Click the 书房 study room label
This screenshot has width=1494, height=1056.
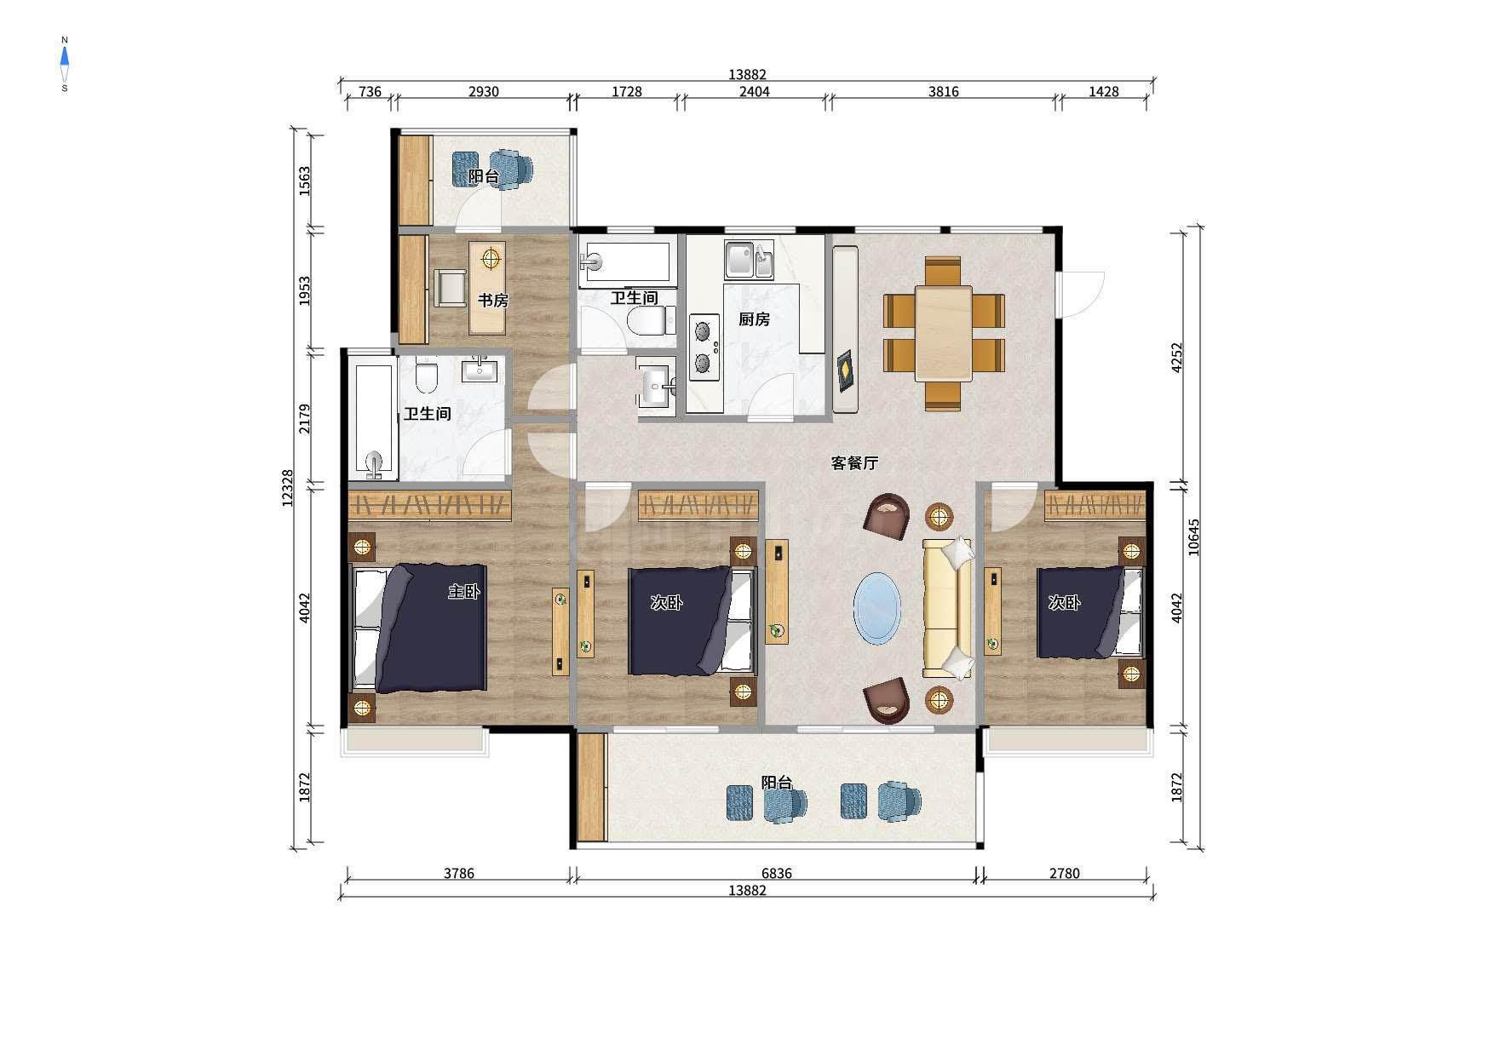click(x=492, y=301)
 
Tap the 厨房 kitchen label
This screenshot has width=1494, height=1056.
click(x=754, y=319)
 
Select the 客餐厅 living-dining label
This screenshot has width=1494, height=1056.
click(x=854, y=463)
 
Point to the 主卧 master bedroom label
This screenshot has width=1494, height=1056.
click(x=464, y=591)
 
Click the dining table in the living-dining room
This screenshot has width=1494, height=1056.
click(x=944, y=333)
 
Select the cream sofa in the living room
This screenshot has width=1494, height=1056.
click(x=948, y=608)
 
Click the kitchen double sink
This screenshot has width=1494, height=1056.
click(x=749, y=260)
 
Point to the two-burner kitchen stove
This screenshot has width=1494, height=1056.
click(x=704, y=345)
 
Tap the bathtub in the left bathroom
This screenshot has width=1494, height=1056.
click(x=375, y=421)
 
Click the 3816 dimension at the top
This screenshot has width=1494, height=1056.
click(x=943, y=91)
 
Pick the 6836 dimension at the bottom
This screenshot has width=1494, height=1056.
click(x=776, y=873)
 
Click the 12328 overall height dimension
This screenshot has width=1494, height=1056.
click(x=288, y=488)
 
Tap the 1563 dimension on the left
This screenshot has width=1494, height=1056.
click(x=305, y=181)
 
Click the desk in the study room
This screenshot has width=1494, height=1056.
click(x=487, y=288)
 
